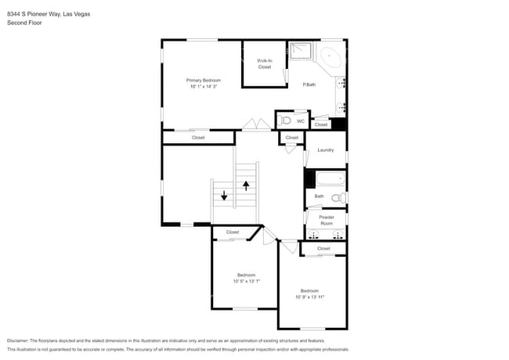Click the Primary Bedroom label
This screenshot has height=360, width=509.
point(203,80)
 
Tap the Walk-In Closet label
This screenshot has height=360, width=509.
point(265,63)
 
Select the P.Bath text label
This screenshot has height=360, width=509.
point(309,85)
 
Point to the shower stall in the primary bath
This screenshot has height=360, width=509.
point(300,52)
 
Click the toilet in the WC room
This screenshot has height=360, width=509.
point(285,121)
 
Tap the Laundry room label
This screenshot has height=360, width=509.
point(326,149)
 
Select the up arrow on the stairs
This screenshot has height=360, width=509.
point(247,185)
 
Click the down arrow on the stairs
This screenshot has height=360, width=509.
point(224,196)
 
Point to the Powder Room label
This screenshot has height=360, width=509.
point(327,220)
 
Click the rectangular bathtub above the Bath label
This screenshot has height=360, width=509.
point(325,178)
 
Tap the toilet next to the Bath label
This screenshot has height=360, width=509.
point(338,197)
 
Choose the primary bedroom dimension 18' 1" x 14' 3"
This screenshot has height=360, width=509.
point(203,86)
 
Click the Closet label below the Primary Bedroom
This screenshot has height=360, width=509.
point(199,138)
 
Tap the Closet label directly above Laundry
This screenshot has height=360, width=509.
point(292,138)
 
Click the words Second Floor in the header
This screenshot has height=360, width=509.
point(24,23)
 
